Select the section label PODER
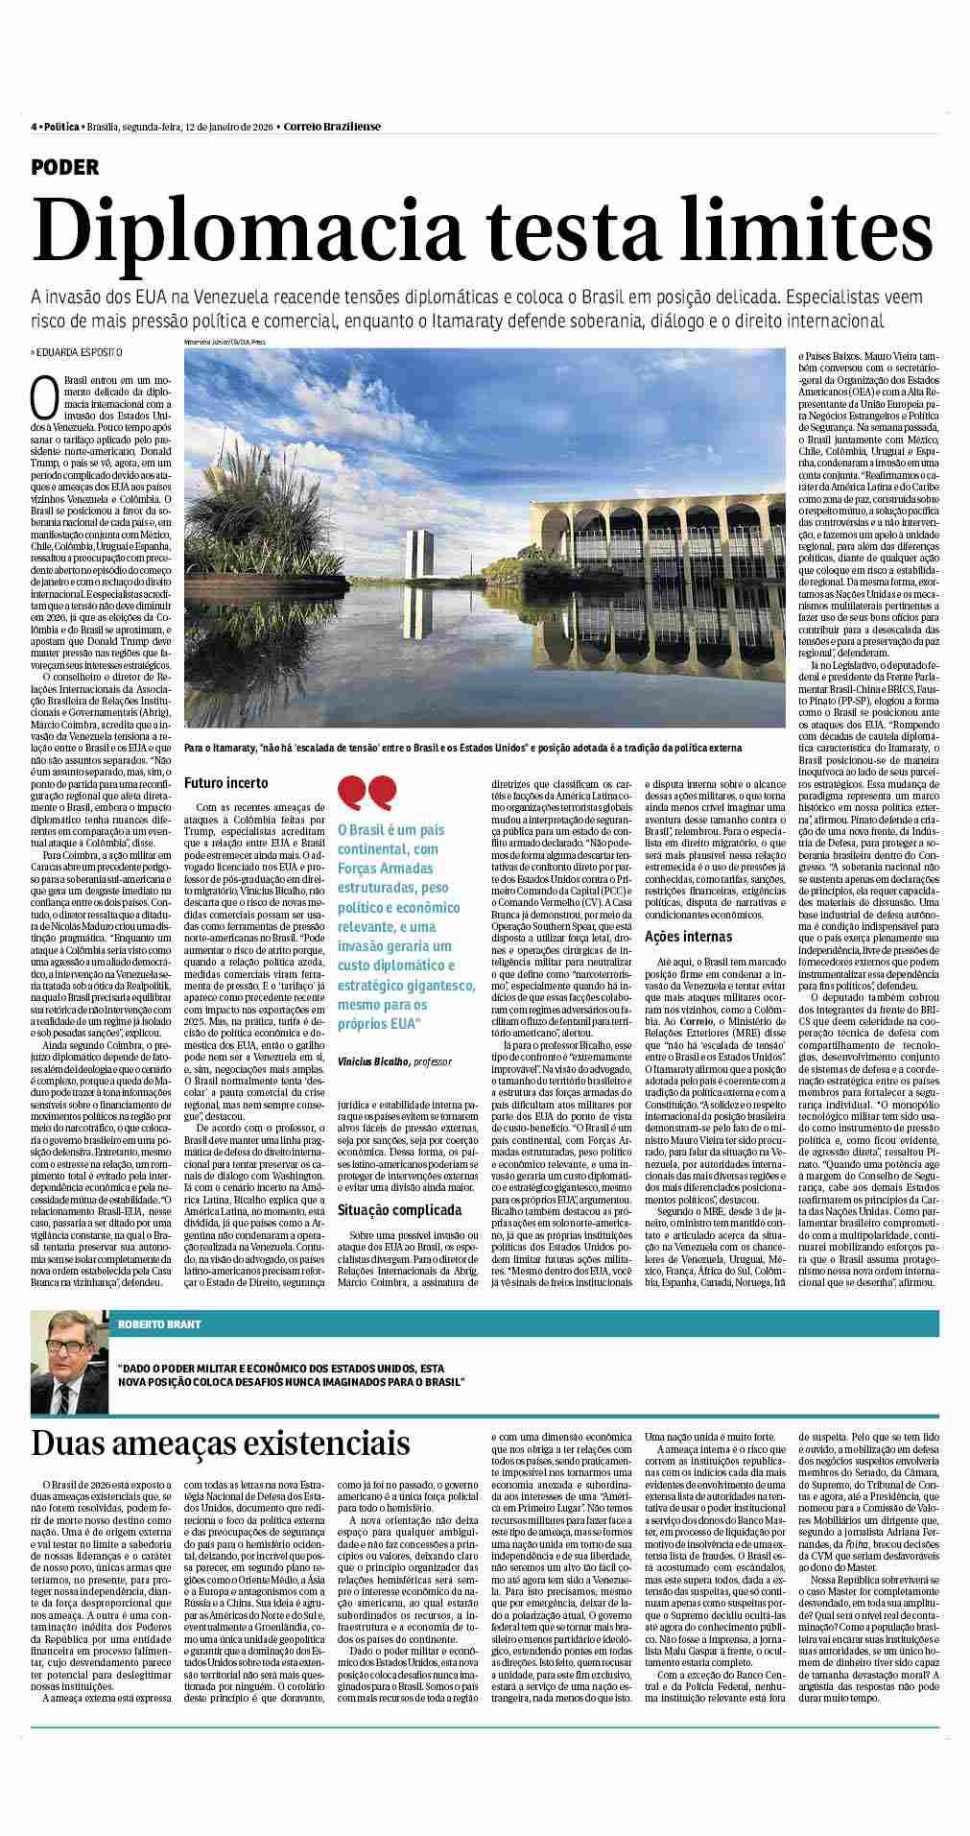pyautogui.click(x=64, y=167)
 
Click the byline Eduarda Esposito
pyautogui.click(x=78, y=352)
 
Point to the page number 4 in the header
pyautogui.click(x=34, y=127)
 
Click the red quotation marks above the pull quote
pyautogui.click(x=367, y=793)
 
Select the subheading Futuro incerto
pyautogui.click(x=226, y=783)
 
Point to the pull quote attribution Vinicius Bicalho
pyautogui.click(x=374, y=1061)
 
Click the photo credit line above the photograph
pyautogui.click(x=218, y=342)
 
